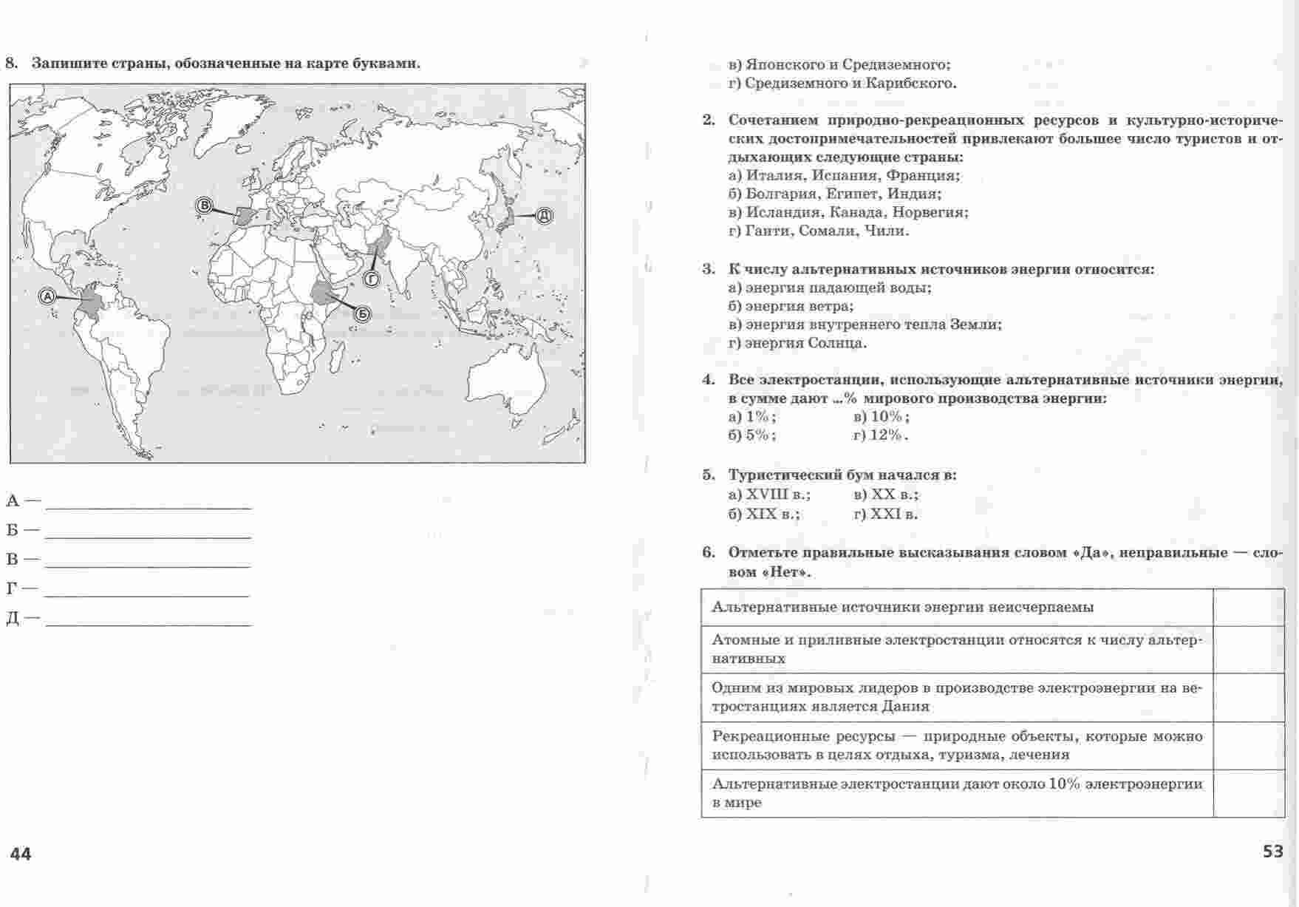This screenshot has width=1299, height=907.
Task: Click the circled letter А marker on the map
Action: [x=47, y=296]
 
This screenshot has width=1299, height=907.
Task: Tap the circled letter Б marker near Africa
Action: [x=362, y=314]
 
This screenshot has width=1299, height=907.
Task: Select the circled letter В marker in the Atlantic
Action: [x=204, y=206]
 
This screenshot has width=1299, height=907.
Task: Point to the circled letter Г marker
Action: [x=371, y=279]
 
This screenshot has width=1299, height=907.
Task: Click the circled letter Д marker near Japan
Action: [x=543, y=215]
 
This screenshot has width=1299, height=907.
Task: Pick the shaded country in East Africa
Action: [x=324, y=293]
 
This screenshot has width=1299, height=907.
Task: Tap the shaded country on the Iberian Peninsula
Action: [x=244, y=216]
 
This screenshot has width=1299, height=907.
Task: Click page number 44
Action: [x=21, y=855]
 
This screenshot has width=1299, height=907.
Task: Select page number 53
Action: [x=1272, y=852]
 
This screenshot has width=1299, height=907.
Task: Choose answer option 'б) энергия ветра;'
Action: [x=791, y=306]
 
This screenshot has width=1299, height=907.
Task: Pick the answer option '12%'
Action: [x=881, y=435]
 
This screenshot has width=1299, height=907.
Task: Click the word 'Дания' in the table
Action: [x=905, y=706]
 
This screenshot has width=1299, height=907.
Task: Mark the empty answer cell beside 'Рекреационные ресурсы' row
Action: [x=1248, y=746]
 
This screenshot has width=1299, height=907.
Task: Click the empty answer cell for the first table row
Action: [x=1248, y=608]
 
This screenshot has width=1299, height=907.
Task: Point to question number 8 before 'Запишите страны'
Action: [x=11, y=63]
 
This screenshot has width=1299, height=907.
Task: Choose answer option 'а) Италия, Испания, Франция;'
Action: [x=844, y=176]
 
